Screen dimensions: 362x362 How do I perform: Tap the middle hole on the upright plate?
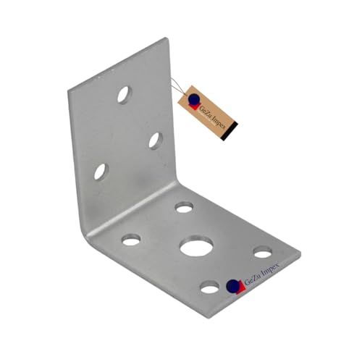(x=156, y=140)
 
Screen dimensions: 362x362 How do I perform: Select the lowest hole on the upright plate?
(x=100, y=172)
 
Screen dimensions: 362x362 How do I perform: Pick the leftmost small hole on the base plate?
(x=131, y=239)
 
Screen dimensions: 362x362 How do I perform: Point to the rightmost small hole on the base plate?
(x=263, y=252)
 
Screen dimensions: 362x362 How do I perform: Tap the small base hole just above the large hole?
(x=184, y=208)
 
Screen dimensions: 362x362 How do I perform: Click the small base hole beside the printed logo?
(x=210, y=287)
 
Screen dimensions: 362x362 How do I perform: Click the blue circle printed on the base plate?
(x=232, y=285)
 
